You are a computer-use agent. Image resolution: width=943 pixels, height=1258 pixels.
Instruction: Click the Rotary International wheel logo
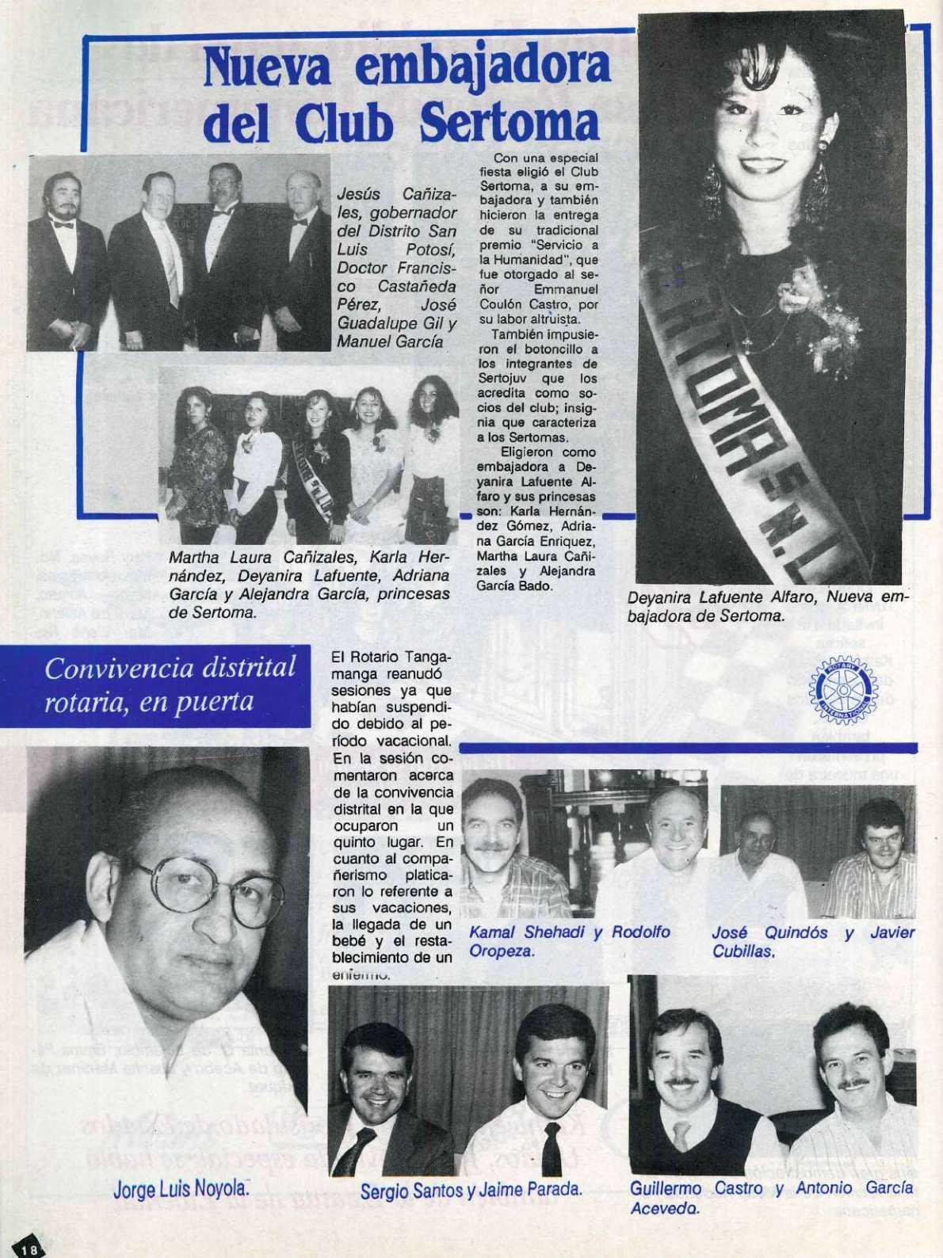click(x=842, y=689)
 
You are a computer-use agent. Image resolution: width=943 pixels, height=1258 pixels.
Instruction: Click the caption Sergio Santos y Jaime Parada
click(x=471, y=1189)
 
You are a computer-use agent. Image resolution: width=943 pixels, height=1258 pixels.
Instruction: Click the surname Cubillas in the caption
click(x=742, y=951)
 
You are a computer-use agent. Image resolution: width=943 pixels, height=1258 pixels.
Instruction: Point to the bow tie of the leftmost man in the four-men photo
click(x=63, y=225)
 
